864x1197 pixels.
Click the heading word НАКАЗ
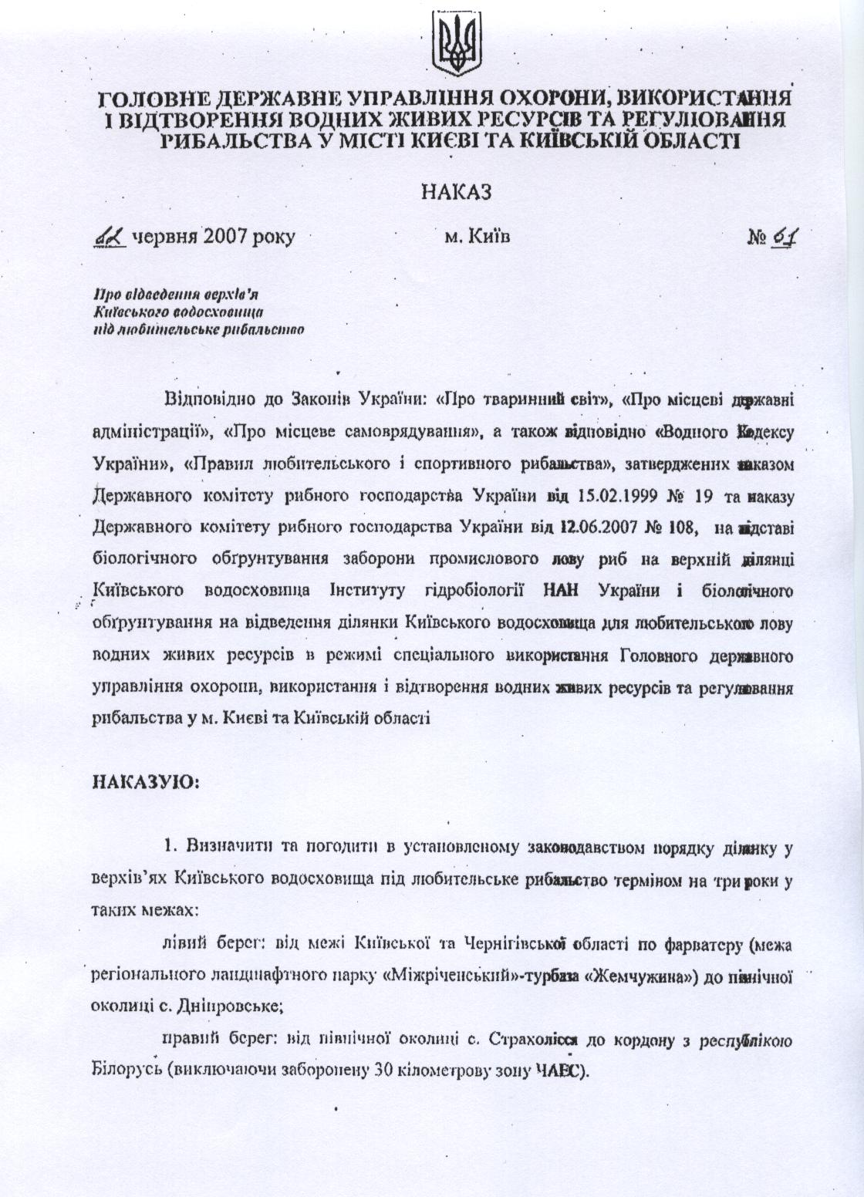(x=457, y=192)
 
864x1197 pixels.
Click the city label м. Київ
(x=478, y=237)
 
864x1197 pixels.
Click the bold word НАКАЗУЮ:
(x=147, y=781)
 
